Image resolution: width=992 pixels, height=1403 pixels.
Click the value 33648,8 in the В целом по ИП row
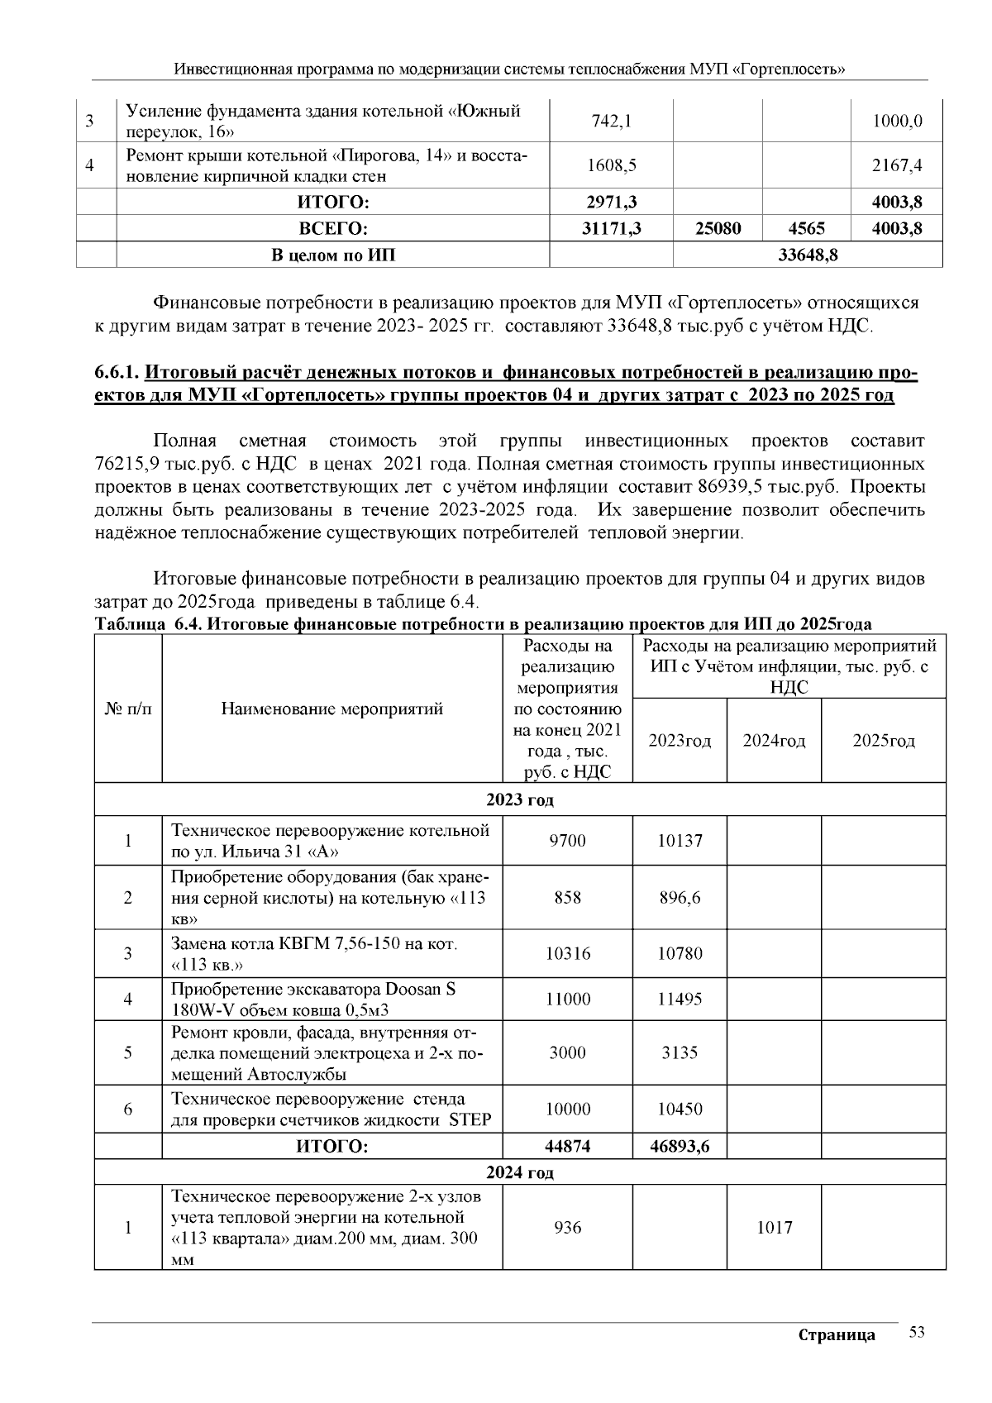click(808, 255)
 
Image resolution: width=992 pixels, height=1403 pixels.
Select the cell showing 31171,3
click(612, 229)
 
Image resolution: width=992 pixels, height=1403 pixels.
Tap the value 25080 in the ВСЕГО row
click(718, 229)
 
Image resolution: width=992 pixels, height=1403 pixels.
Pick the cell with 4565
click(806, 229)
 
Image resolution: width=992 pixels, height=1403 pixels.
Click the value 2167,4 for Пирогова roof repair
click(897, 165)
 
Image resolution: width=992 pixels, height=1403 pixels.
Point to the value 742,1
click(612, 122)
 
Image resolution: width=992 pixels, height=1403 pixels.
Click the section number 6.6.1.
click(117, 373)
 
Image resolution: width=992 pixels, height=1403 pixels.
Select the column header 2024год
click(774, 741)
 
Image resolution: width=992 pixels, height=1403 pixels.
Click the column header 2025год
click(884, 741)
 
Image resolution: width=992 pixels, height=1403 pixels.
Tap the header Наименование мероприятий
click(331, 709)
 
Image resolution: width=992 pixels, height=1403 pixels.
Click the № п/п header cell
click(128, 709)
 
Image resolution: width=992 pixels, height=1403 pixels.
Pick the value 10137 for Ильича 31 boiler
click(680, 841)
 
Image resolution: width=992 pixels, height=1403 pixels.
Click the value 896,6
click(680, 898)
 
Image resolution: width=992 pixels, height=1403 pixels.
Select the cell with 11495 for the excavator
click(680, 999)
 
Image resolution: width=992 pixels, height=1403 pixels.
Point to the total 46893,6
click(680, 1147)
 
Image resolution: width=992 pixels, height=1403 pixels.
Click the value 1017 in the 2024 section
click(774, 1228)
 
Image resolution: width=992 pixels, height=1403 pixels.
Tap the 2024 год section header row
click(519, 1172)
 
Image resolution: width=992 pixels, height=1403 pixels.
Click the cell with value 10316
click(568, 954)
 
